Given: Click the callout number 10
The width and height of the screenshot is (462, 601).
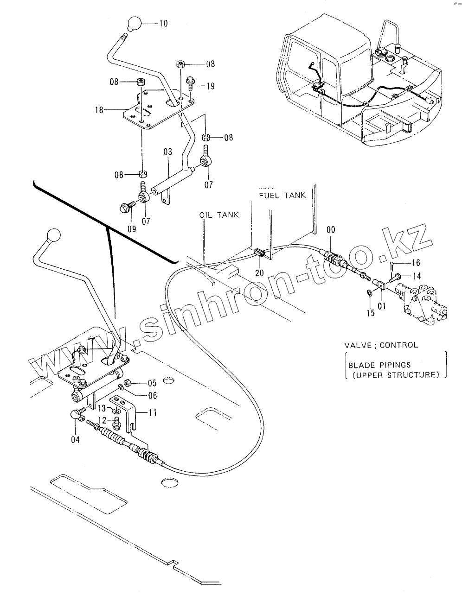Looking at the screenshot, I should [x=163, y=23].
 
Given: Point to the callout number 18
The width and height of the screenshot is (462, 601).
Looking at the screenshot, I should [x=98, y=110].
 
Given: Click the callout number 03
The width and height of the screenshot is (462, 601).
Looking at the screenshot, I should [x=167, y=152].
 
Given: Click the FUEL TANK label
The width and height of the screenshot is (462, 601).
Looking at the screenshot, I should [x=282, y=195].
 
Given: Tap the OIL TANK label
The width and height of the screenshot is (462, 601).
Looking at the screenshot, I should [x=219, y=215].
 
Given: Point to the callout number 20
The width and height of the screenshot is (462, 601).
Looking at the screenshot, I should [x=259, y=273].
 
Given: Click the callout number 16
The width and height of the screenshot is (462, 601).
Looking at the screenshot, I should [x=415, y=263].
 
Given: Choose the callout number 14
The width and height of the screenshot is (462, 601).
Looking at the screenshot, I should [x=416, y=276].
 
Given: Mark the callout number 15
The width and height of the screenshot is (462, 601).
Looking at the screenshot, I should [x=370, y=313].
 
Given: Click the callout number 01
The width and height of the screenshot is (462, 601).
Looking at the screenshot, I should [x=381, y=306].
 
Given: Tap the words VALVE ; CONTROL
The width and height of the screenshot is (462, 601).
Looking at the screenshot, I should [x=381, y=345].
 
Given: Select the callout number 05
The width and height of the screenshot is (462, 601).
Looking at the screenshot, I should [x=152, y=383].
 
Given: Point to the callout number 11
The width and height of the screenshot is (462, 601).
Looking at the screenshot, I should [x=152, y=411].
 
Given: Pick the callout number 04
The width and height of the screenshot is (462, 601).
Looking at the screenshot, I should [x=75, y=439].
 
